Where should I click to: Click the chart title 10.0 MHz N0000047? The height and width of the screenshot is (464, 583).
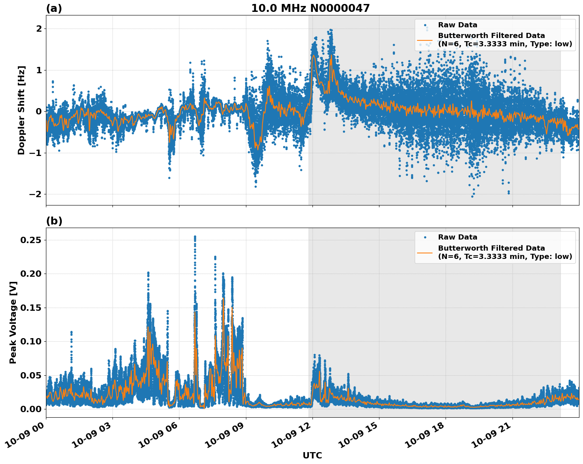coord(310,8)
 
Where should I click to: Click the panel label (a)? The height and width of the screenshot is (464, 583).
coord(54,8)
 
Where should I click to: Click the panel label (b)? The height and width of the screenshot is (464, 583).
coord(54,221)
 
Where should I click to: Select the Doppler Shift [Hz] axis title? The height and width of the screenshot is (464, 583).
coord(21,110)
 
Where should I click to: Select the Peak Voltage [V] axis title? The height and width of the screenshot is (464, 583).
coord(13,331)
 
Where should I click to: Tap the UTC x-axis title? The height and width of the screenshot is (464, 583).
coord(312,455)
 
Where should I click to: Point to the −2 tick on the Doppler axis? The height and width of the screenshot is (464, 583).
coord(36,194)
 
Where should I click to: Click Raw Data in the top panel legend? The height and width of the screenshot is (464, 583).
coord(457,25)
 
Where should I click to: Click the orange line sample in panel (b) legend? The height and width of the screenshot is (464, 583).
coord(425,252)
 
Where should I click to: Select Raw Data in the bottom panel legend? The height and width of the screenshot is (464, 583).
coord(457,237)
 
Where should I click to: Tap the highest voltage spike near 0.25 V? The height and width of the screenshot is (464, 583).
coord(195,237)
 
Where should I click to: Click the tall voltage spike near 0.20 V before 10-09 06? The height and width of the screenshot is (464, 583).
coord(148,274)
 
